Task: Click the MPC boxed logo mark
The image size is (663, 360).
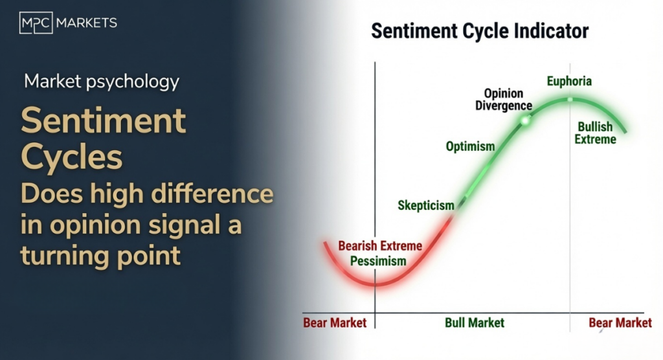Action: pyautogui.click(x=36, y=23)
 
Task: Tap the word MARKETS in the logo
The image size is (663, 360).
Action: pyautogui.click(x=87, y=23)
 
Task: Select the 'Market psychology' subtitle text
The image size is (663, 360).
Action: pyautogui.click(x=102, y=82)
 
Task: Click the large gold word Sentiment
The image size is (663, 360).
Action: pyautogui.click(x=103, y=120)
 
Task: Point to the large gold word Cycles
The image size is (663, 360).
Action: pyautogui.click(x=72, y=157)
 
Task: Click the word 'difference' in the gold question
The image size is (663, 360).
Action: pyautogui.click(x=212, y=194)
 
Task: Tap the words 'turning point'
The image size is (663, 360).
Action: pyautogui.click(x=100, y=256)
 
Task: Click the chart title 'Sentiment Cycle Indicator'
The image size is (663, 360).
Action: pyautogui.click(x=480, y=31)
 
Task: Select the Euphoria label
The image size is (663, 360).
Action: pyautogui.click(x=569, y=81)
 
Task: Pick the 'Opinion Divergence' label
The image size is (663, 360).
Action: pyautogui.click(x=504, y=100)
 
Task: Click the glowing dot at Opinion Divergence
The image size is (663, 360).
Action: pyautogui.click(x=525, y=121)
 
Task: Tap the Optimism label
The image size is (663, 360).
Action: pyautogui.click(x=470, y=146)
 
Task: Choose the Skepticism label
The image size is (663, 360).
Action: pyautogui.click(x=426, y=206)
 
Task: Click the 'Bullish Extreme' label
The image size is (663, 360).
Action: pyautogui.click(x=596, y=133)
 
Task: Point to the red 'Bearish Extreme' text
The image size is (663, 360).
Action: pyautogui.click(x=380, y=246)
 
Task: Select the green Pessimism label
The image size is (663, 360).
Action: pyautogui.click(x=378, y=261)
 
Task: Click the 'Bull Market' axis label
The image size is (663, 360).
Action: pyautogui.click(x=475, y=323)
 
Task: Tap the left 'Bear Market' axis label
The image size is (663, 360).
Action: pyautogui.click(x=335, y=323)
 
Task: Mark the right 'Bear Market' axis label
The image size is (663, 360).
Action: pyautogui.click(x=620, y=323)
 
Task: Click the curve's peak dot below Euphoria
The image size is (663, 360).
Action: pyautogui.click(x=570, y=100)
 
